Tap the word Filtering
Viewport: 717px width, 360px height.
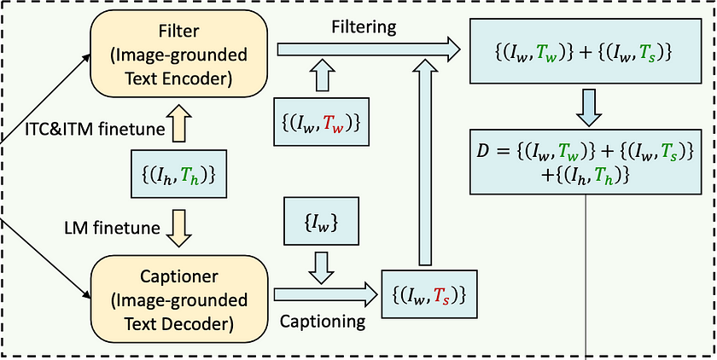(x=364, y=26)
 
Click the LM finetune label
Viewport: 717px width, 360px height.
(x=99, y=228)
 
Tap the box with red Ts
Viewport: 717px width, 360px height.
(x=428, y=294)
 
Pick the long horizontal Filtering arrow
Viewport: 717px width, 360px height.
(x=367, y=51)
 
